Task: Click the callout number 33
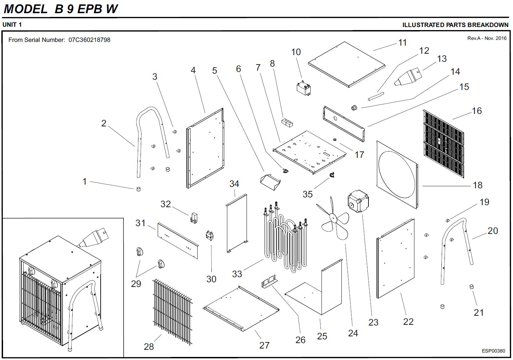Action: (237, 273)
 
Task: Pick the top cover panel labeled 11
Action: (347, 64)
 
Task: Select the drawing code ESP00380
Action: (493, 351)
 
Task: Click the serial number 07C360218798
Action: (89, 40)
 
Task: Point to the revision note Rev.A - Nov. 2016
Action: (487, 38)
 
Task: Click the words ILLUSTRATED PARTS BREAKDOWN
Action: (455, 25)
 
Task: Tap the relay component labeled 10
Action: (304, 87)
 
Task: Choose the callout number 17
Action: (359, 154)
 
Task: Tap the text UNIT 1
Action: (12, 25)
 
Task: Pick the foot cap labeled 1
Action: (138, 189)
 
